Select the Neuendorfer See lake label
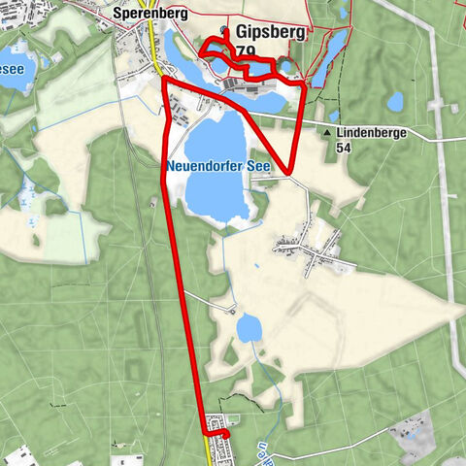(x=217, y=166)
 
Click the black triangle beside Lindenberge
(x=329, y=132)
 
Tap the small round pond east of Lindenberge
(x=395, y=101)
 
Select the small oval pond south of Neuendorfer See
(x=250, y=329)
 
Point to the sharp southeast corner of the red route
(x=291, y=172)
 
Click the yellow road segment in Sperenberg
(x=154, y=53)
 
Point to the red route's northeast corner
(x=305, y=86)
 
